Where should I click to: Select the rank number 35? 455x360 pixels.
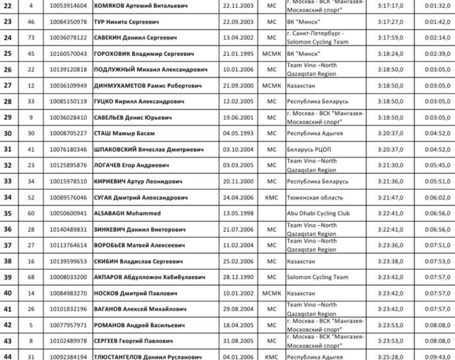tap(8, 213)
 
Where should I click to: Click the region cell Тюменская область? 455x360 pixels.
tap(315, 197)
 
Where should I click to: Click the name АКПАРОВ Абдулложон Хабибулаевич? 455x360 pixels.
tap(149, 277)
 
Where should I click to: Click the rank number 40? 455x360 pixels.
tap(8, 293)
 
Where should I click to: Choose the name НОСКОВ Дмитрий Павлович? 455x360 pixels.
tap(135, 293)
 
